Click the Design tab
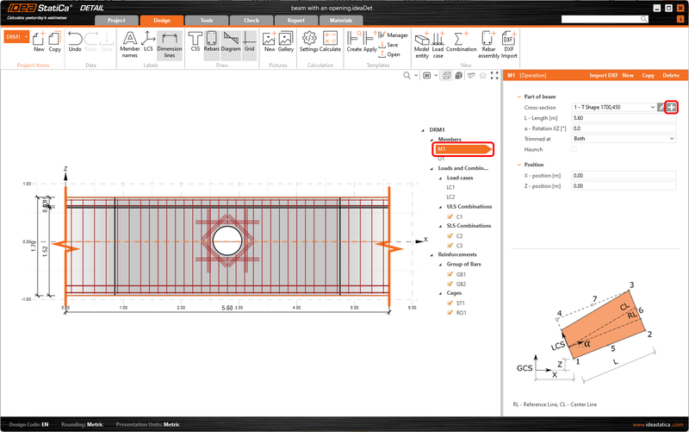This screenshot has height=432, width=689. tap(161, 19)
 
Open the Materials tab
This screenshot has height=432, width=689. tap(342, 19)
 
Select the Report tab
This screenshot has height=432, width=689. tap(296, 19)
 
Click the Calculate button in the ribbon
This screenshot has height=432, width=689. tap(331, 42)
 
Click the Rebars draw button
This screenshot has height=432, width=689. tap(211, 42)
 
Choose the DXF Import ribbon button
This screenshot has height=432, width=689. tap(509, 42)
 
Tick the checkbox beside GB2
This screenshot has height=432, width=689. tap(450, 284)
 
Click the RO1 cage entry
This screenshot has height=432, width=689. tap(462, 313)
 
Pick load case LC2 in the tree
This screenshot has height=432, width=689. tap(450, 197)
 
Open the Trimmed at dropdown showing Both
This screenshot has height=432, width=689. tap(623, 138)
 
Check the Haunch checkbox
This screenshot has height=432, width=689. tap(574, 149)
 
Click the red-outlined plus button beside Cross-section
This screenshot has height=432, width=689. tap(671, 107)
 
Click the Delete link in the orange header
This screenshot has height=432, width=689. tap(671, 76)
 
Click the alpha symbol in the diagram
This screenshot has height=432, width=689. tap(587, 342)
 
